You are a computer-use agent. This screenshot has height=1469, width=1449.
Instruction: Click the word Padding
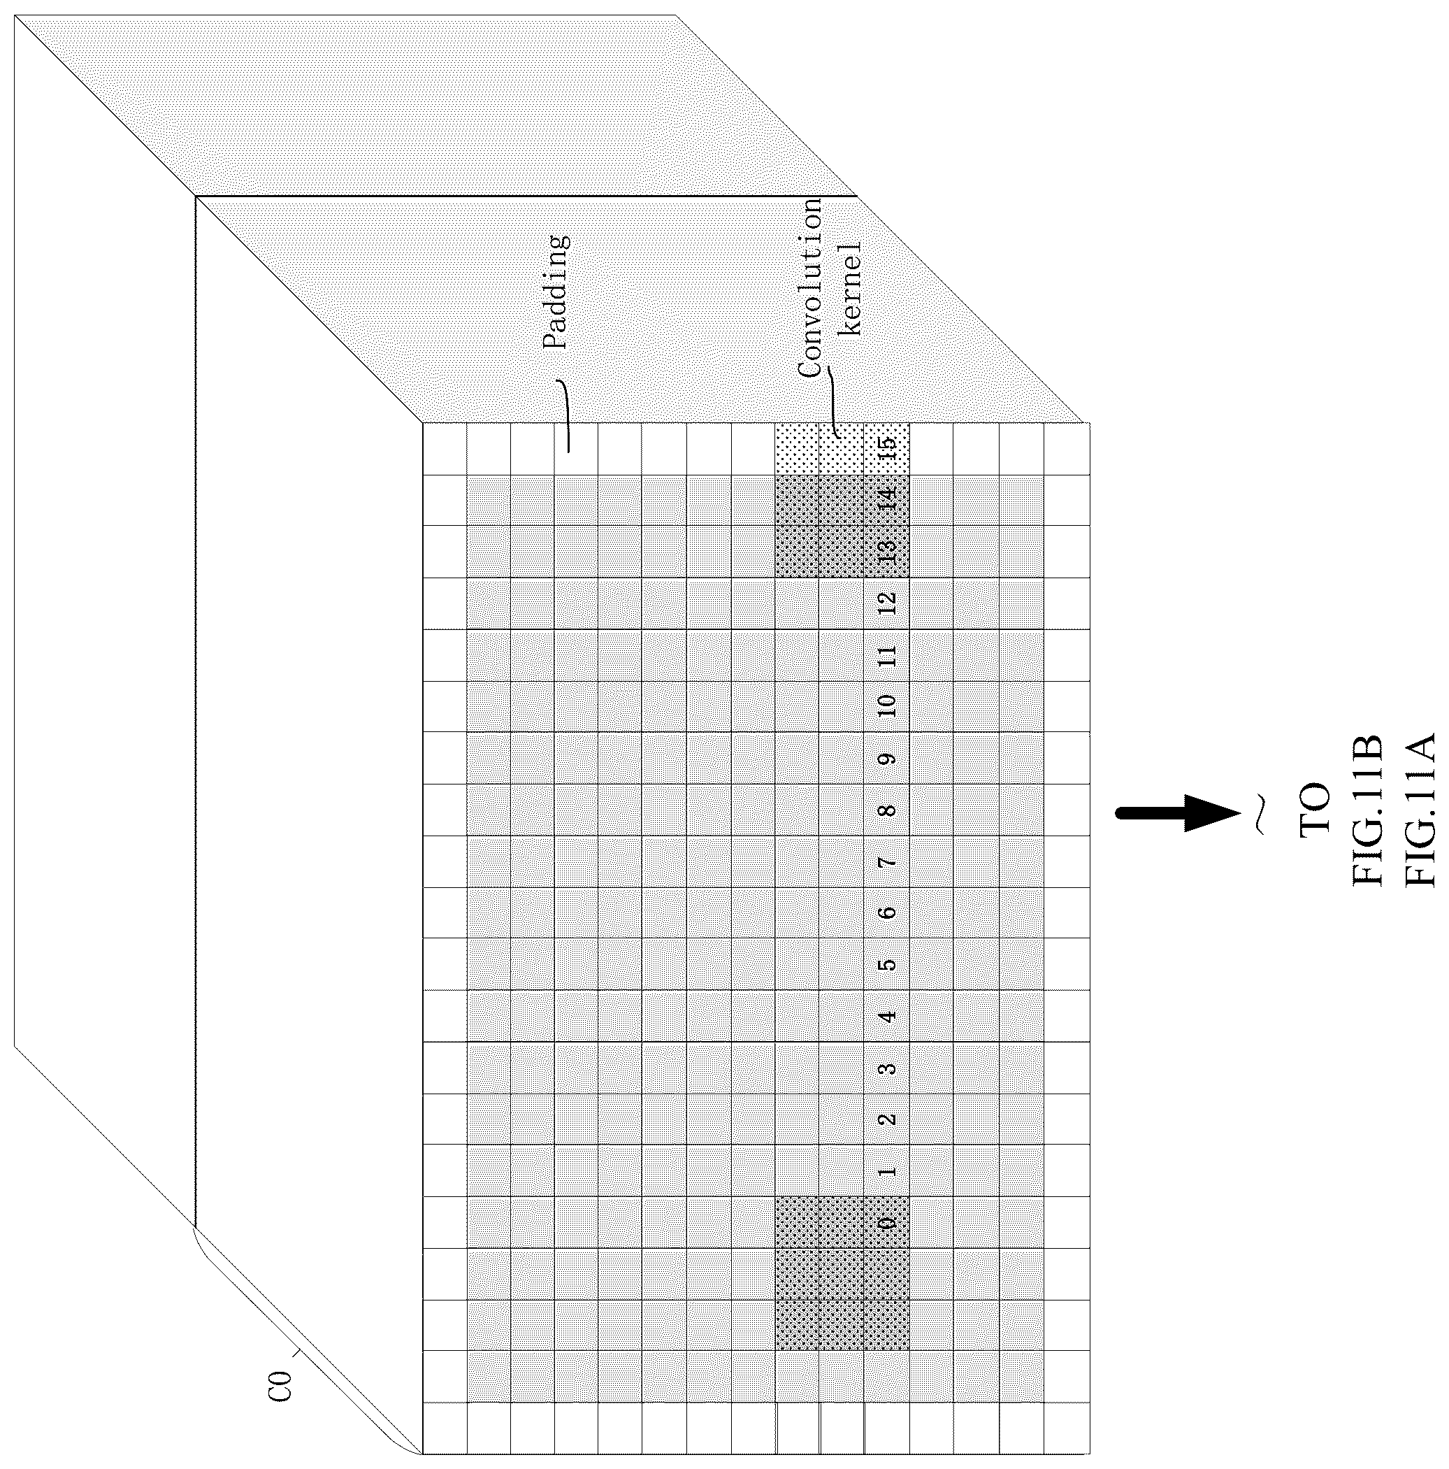coord(556,293)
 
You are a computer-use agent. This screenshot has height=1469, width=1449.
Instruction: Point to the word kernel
coord(850,289)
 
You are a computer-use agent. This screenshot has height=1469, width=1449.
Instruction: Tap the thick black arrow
coord(1178,814)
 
